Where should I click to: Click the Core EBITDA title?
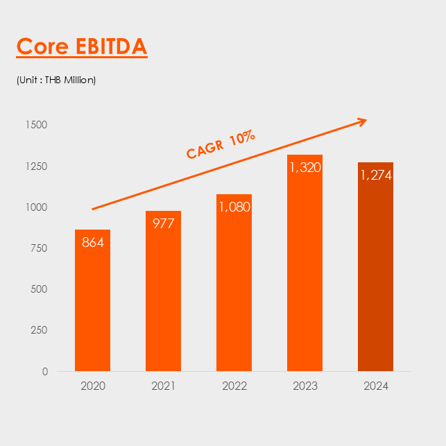(82, 46)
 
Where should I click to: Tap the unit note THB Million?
(56, 80)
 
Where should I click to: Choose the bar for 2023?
(305, 277)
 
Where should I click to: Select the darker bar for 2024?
(375, 277)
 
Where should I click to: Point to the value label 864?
(93, 243)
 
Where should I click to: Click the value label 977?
(163, 223)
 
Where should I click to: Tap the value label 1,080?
(234, 207)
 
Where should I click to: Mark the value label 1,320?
(305, 167)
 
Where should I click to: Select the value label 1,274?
(375, 175)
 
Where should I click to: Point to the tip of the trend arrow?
(366, 121)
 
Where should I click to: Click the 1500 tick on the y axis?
(37, 125)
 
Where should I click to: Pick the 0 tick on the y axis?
(45, 371)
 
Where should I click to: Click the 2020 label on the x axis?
(93, 386)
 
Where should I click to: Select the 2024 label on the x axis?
(375, 386)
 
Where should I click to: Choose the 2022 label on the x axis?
(234, 386)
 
